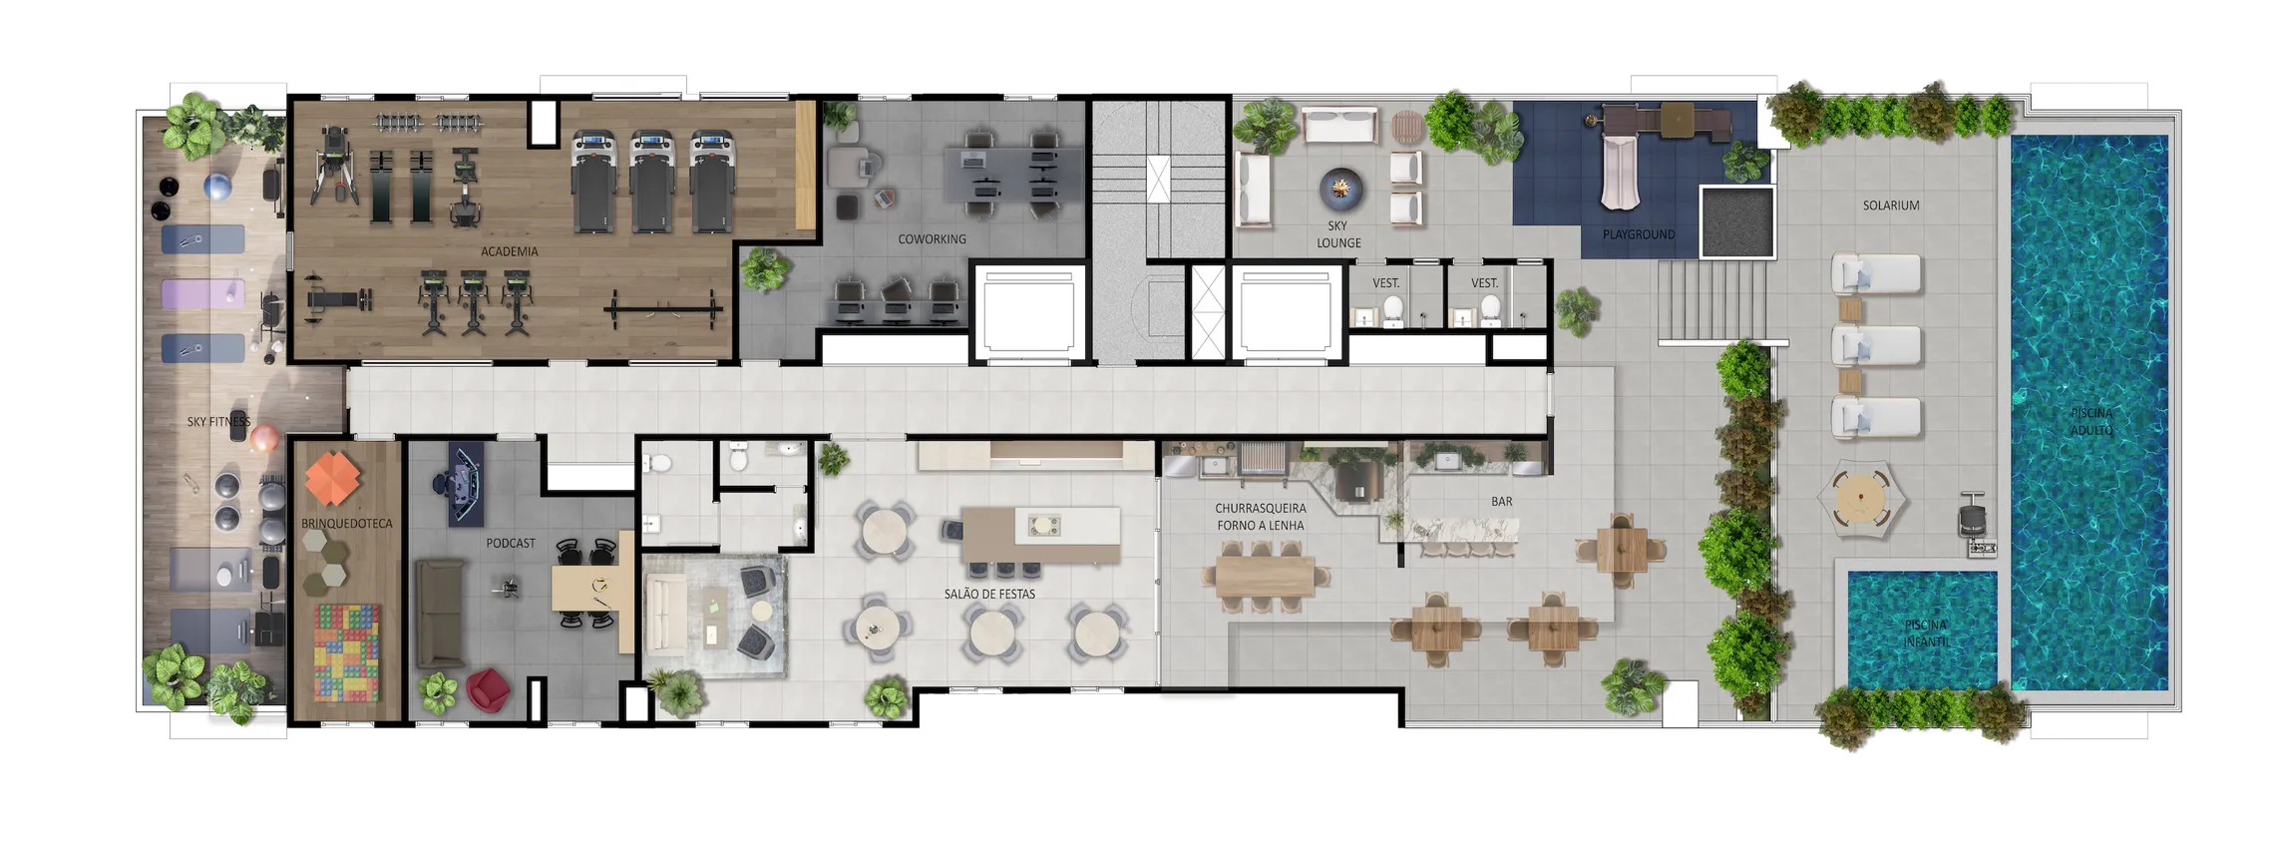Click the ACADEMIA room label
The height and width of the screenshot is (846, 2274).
pos(509,251)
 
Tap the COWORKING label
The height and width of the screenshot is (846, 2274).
pos(931,239)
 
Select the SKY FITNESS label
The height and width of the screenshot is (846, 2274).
pos(218,422)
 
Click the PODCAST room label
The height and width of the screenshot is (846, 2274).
pos(511,544)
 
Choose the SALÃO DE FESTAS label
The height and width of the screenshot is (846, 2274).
pos(989,594)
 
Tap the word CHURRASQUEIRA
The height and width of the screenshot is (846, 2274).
pos(1260,509)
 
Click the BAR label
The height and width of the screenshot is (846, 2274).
pos(1501,502)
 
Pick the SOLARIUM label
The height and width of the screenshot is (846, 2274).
pos(1891,206)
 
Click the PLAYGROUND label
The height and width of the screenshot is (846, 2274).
pos(1638,234)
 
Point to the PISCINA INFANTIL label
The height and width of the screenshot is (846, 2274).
pos(1925,634)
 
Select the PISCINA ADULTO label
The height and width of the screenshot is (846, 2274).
pos(2091,421)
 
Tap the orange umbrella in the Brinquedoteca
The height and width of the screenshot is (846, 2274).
pos(334,476)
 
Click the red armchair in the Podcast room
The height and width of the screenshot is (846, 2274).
pos(488,687)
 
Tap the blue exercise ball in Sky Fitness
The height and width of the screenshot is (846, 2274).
pos(217,187)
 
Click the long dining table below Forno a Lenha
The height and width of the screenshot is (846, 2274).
pos(1266,576)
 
